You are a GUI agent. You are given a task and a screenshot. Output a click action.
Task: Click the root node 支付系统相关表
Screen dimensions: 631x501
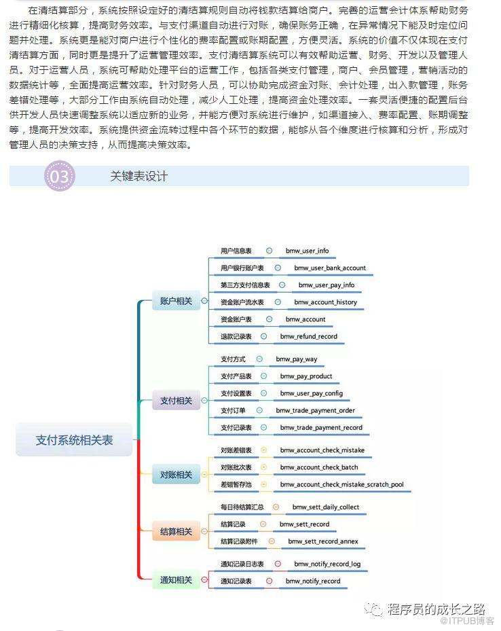click(74, 440)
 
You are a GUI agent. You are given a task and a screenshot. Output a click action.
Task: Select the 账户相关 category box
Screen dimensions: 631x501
click(176, 300)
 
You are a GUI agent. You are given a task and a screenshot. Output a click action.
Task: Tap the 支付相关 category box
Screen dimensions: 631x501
click(176, 401)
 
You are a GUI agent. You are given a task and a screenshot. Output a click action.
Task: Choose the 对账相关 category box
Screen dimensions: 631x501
click(176, 475)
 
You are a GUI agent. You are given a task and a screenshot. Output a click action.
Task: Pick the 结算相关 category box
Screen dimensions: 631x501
click(176, 531)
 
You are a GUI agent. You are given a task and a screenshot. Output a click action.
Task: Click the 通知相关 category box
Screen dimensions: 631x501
click(176, 580)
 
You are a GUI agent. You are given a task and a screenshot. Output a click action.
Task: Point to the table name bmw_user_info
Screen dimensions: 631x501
click(307, 251)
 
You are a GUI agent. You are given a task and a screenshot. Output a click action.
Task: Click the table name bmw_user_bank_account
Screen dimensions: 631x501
click(330, 268)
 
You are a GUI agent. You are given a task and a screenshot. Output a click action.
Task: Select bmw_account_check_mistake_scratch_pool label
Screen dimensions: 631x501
click(341, 484)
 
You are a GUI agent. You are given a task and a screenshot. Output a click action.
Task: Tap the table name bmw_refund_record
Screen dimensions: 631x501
click(308, 336)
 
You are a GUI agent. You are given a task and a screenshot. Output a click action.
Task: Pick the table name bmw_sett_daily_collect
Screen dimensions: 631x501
click(326, 507)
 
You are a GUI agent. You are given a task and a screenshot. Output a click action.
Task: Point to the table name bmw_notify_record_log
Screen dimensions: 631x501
click(327, 564)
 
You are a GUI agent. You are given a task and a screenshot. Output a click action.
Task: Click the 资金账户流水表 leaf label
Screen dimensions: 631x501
click(242, 302)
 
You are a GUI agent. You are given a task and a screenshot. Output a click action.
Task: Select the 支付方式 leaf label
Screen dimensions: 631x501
click(233, 359)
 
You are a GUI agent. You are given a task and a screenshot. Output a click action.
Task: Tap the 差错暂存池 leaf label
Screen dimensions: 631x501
click(236, 484)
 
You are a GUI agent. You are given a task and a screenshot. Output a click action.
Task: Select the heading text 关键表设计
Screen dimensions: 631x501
click(138, 177)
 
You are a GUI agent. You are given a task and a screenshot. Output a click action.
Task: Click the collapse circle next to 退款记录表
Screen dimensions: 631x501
click(265, 336)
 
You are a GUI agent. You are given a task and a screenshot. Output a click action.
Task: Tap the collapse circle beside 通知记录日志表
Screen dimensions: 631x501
click(278, 564)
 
